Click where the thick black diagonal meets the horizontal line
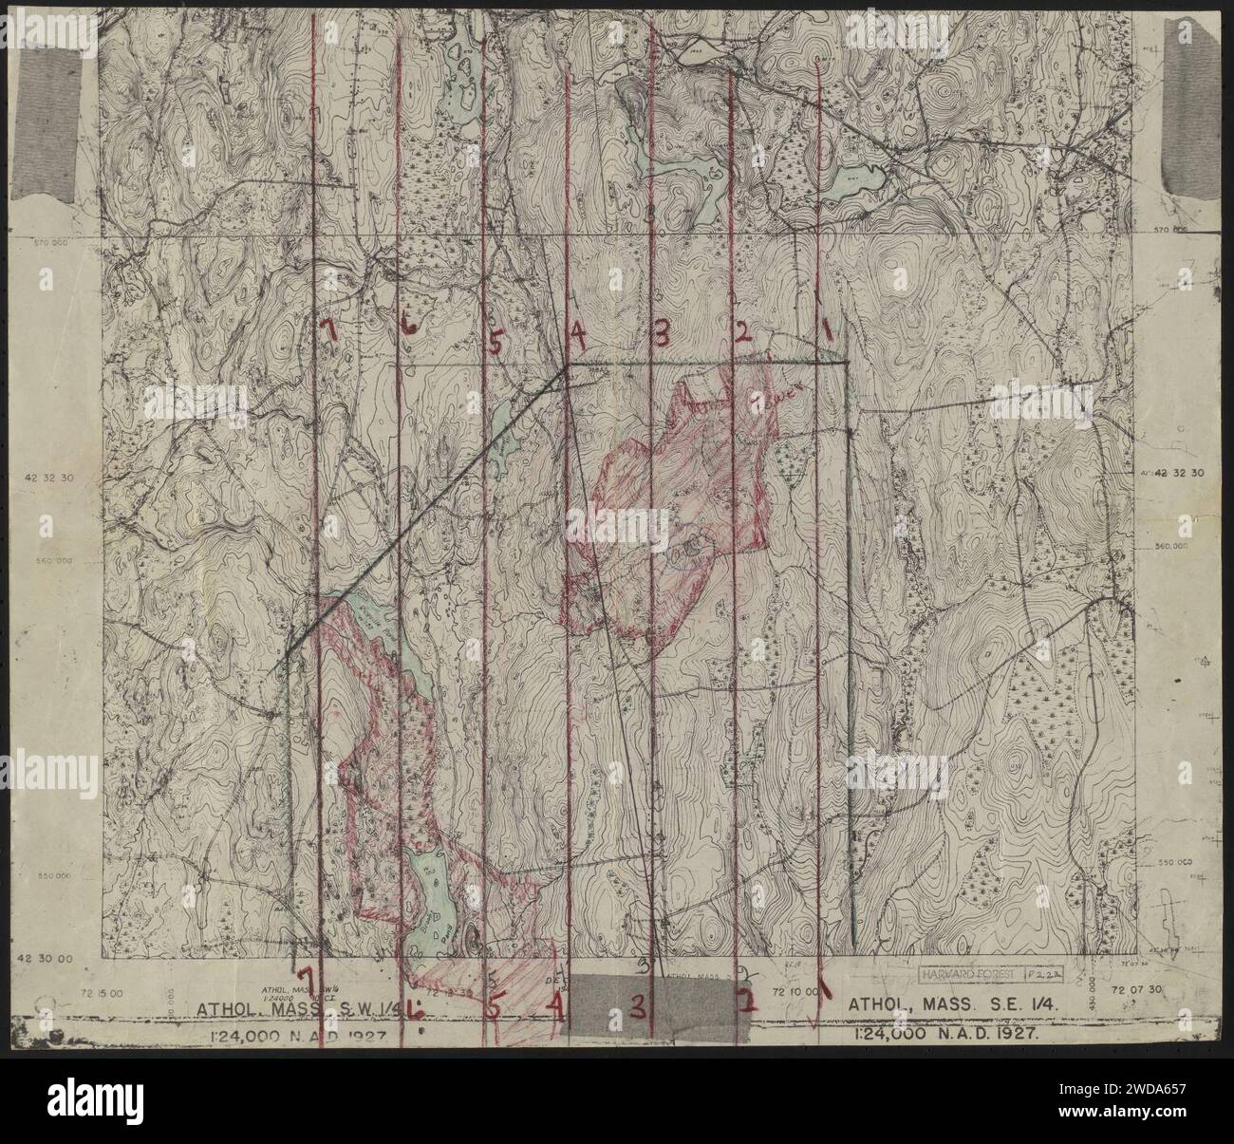click(x=568, y=366)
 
